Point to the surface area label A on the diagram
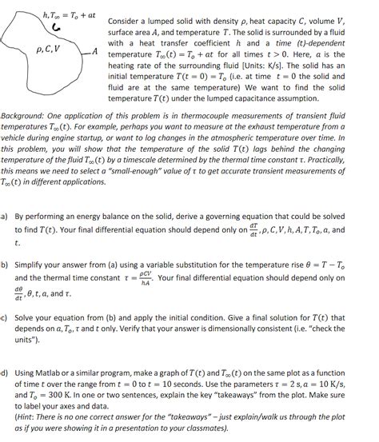click(95, 51)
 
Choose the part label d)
click(6, 372)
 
